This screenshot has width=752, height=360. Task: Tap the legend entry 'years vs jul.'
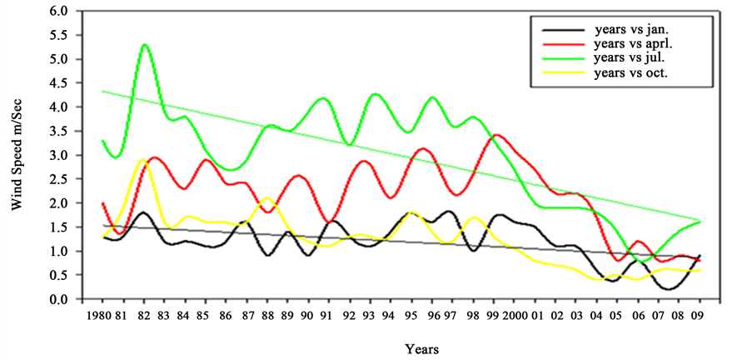(621, 58)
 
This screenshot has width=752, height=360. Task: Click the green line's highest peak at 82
(145, 44)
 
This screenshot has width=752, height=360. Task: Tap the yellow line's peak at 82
(142, 160)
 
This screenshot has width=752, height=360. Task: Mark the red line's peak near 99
(497, 135)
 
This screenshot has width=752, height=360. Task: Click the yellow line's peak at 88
(266, 198)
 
